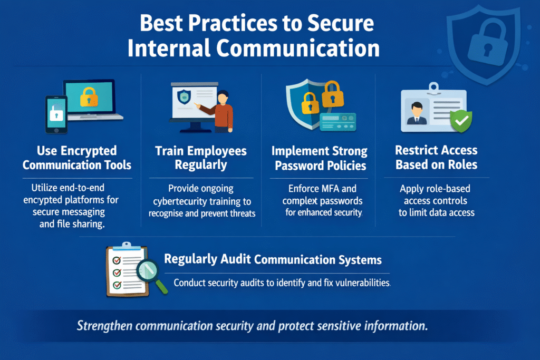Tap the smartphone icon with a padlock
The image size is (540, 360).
tap(55, 114)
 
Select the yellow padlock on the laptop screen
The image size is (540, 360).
tap(89, 96)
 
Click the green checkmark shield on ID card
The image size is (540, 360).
tap(460, 121)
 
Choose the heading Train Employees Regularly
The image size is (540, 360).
tap(201, 158)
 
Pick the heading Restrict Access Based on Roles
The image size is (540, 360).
tap(436, 158)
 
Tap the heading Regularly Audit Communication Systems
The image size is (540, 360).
tap(273, 259)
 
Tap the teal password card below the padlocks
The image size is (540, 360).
tap(338, 121)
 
